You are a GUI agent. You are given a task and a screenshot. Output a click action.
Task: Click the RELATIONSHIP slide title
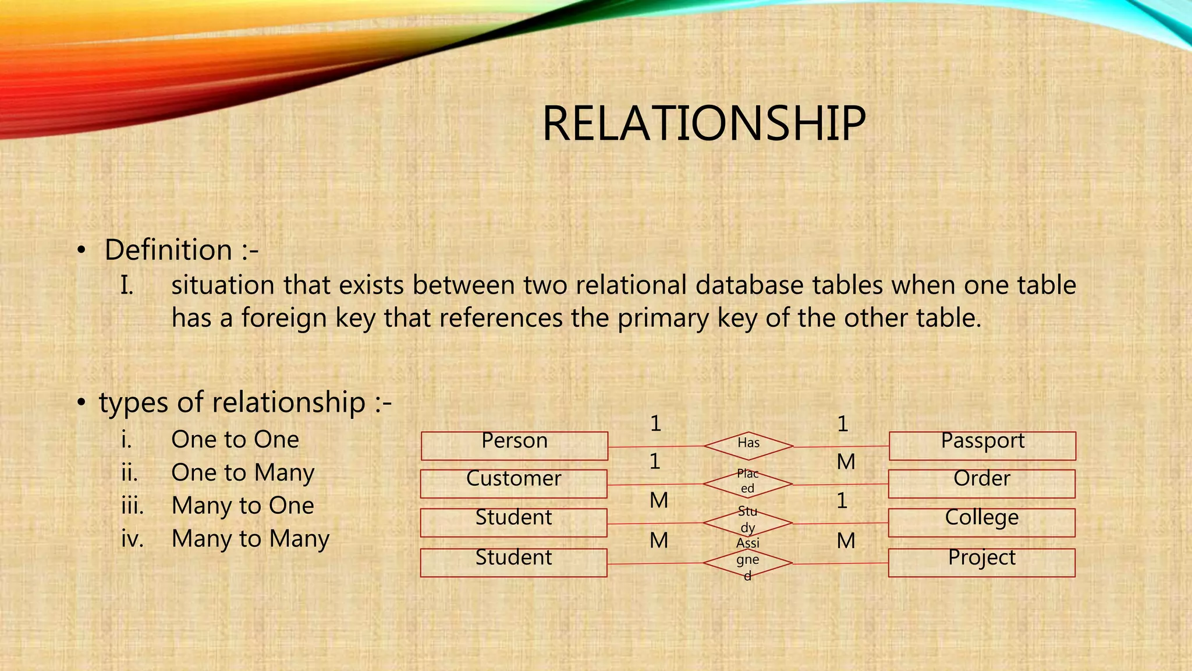click(x=703, y=123)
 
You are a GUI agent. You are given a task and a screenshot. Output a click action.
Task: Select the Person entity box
click(x=515, y=446)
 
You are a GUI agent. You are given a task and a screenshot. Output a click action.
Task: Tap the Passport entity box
click(x=982, y=446)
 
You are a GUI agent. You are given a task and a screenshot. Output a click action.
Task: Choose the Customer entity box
click(x=513, y=483)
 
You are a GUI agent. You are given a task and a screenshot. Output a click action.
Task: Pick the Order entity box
click(x=981, y=483)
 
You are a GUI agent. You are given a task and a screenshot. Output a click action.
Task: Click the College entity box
click(x=981, y=522)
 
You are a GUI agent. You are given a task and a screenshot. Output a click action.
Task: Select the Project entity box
click(x=981, y=562)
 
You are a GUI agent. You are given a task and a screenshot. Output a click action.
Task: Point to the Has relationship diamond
click(x=748, y=446)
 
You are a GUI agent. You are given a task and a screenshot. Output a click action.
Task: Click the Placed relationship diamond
click(x=748, y=483)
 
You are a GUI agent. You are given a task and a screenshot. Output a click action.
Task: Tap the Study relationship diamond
click(x=748, y=522)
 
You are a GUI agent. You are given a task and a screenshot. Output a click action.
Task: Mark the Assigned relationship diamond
click(x=748, y=563)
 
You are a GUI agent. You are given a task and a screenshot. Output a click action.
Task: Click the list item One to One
click(x=235, y=439)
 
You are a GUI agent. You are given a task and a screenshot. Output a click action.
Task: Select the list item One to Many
click(x=243, y=472)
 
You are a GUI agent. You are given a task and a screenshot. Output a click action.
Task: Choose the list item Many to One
click(x=243, y=506)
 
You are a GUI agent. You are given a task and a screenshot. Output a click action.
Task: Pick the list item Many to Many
click(x=250, y=539)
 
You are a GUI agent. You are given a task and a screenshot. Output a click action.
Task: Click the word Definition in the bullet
click(x=168, y=250)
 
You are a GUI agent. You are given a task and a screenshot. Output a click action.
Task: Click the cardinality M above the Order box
click(x=846, y=462)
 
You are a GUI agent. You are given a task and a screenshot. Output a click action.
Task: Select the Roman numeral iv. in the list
click(x=132, y=539)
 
